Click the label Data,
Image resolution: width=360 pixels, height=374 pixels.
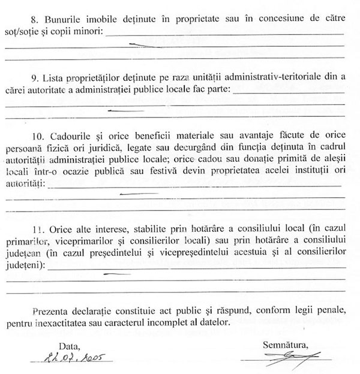coord(68,346)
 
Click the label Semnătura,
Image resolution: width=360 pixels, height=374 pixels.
coord(285,345)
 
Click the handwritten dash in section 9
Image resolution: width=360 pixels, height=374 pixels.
coord(125,111)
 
